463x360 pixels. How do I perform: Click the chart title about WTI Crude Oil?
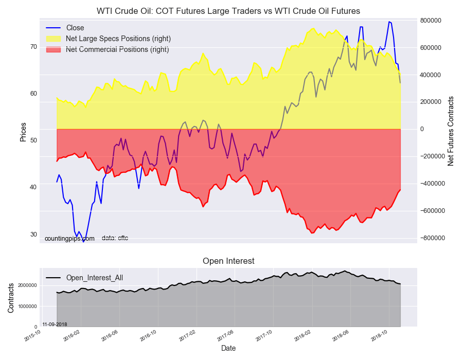[x=228, y=11]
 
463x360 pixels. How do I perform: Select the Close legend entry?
[x=75, y=28]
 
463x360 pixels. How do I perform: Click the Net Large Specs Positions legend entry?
[x=118, y=39]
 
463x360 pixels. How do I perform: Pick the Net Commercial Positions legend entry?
[x=117, y=49]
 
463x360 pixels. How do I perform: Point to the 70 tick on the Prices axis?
[x=33, y=46]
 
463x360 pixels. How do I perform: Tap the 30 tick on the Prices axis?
[x=33, y=234]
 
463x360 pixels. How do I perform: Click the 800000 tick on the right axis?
[x=431, y=21]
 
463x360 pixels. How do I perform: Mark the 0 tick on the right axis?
[x=423, y=129]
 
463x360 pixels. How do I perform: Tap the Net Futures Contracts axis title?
[x=451, y=131]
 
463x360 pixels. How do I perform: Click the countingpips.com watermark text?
[x=69, y=239]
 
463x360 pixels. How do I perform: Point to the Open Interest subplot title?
[x=228, y=261]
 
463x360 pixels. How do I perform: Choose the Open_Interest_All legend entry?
[x=94, y=278]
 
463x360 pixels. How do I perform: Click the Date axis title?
[x=228, y=348]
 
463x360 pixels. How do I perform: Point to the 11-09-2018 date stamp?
[x=55, y=324]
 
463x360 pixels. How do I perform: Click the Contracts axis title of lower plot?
[x=11, y=297]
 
